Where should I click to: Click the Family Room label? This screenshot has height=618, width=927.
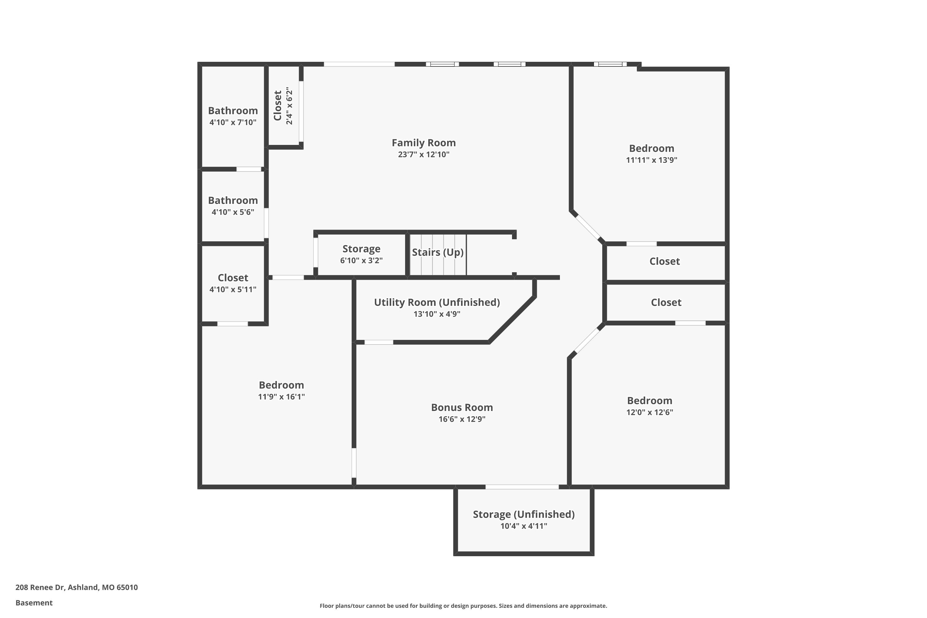[x=423, y=143]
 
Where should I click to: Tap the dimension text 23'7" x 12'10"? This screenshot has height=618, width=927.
[x=423, y=154]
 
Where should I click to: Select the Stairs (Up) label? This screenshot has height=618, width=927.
[x=438, y=252]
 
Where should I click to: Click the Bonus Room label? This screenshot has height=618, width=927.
[x=462, y=407]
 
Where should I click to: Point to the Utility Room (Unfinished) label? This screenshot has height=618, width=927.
[x=437, y=302]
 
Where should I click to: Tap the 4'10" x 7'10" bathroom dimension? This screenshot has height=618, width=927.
[x=233, y=122]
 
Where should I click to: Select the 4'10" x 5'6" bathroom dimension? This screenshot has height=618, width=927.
[x=233, y=212]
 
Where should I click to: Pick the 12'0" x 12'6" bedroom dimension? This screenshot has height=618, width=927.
[x=650, y=412]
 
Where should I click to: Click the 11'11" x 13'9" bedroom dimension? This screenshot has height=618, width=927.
[x=651, y=160]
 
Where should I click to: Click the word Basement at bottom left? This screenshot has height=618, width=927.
[x=34, y=603]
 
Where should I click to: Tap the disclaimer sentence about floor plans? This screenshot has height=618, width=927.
[x=463, y=606]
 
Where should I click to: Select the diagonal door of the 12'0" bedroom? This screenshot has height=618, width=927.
[x=586, y=341]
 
